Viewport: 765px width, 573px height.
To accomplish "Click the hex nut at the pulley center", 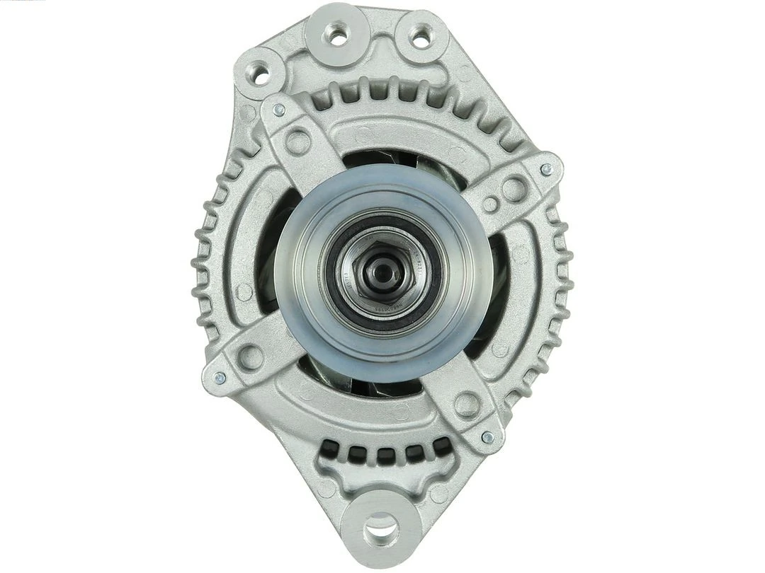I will pos(382,272).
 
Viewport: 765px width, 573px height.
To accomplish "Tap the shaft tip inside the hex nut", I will pos(383,271).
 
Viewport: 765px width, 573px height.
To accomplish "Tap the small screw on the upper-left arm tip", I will pos(279,110).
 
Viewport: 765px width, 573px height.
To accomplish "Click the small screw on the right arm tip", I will pos(545,170).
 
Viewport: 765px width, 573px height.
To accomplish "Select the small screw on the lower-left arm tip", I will pos(219,378).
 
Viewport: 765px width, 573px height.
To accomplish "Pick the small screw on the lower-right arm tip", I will pos(487,437).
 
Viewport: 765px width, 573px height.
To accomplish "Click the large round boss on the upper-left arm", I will pos(297,141).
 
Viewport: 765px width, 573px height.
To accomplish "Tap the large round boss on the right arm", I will pos(514,188).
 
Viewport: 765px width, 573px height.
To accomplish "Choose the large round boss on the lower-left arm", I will pos(251,357).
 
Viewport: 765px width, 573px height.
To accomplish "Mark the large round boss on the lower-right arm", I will pos(467,405).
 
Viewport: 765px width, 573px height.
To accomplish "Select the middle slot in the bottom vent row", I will pos(385,454).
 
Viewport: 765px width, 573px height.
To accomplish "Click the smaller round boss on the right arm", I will pos(490,204).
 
